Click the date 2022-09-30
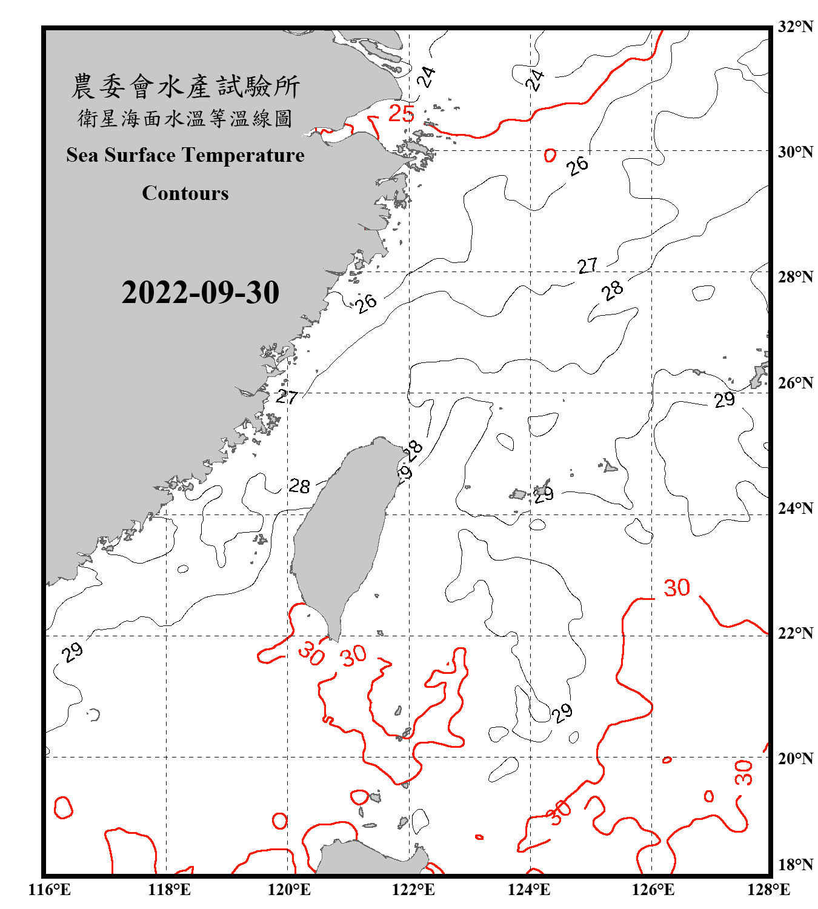200,293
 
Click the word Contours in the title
185,193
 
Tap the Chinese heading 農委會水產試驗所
185,87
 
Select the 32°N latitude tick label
795,27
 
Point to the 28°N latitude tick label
795,277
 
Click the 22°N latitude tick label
795,633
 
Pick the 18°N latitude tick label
795,865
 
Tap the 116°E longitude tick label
49,890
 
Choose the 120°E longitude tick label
289,890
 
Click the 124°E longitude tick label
529,890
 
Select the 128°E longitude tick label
768,890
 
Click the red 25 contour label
401,113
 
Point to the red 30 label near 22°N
677,588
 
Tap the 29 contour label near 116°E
72,652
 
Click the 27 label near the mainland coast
287,397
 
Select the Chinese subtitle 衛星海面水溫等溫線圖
185,119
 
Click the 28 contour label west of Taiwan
299,486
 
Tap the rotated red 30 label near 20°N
743,773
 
